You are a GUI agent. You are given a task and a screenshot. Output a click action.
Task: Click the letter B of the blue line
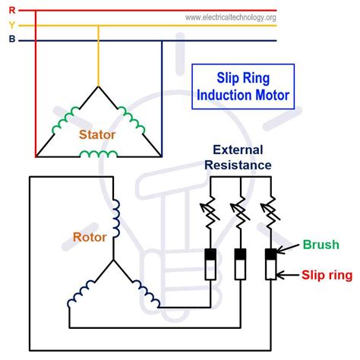pos(11,40)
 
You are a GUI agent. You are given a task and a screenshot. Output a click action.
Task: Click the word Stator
pos(97,134)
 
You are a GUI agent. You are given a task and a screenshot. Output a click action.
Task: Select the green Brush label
pos(321,245)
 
